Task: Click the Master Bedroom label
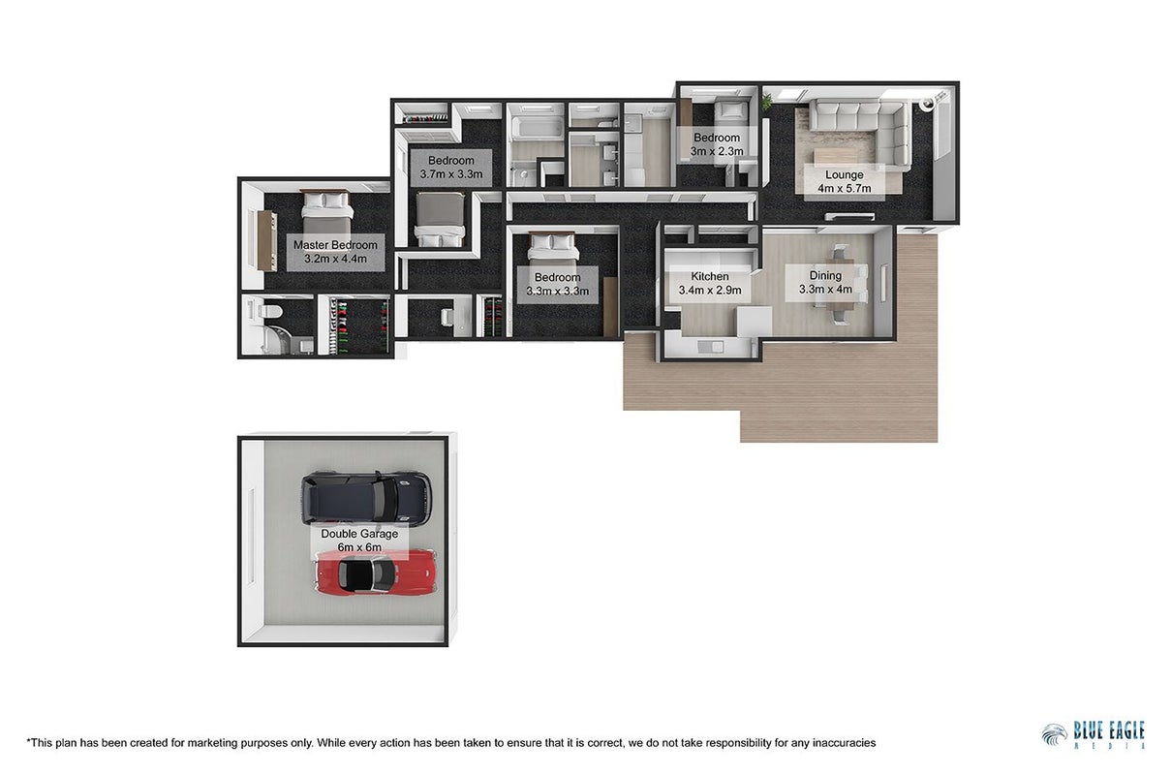(335, 252)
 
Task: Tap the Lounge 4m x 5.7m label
(845, 181)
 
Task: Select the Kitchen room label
(709, 283)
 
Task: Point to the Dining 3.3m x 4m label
(825, 282)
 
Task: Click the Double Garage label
(359, 541)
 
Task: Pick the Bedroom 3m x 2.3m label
(717, 144)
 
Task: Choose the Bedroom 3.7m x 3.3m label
(451, 168)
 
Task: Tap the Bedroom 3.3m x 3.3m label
(557, 284)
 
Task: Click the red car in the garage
(376, 573)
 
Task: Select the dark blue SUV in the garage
(366, 498)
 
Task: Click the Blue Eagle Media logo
(1094, 734)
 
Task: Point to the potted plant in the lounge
(767, 102)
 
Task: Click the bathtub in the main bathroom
(538, 128)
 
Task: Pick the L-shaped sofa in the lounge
(860, 134)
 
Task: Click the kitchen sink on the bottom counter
(710, 347)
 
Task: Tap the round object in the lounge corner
(927, 104)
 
